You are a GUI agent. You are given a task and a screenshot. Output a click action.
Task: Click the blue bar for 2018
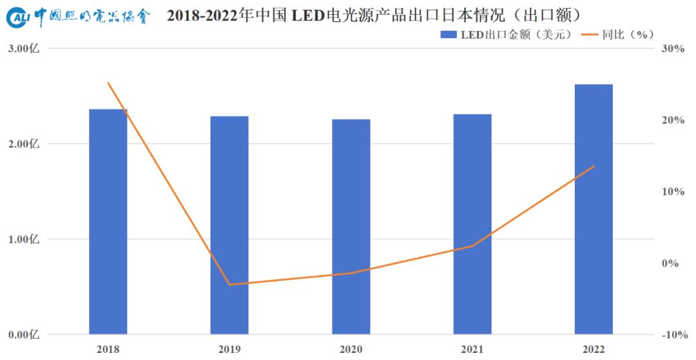(108, 222)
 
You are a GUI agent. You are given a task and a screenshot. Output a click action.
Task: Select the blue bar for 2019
(229, 225)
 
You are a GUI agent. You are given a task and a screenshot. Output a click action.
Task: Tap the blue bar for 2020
(351, 227)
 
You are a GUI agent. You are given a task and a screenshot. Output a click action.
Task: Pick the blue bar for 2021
(472, 224)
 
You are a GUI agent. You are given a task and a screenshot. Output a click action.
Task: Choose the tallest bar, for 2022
(594, 209)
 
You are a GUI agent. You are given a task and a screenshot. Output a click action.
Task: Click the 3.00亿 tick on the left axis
(24, 49)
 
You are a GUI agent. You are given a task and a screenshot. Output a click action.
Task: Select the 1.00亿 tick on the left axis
(24, 240)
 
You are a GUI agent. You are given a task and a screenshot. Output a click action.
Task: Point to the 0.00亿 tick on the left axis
(24, 335)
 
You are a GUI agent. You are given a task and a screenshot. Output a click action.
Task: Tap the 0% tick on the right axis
(674, 263)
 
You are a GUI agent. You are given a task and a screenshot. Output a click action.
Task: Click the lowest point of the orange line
(229, 285)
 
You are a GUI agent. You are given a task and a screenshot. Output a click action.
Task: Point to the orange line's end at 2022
(594, 166)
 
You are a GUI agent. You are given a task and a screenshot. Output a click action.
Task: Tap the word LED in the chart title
(310, 16)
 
